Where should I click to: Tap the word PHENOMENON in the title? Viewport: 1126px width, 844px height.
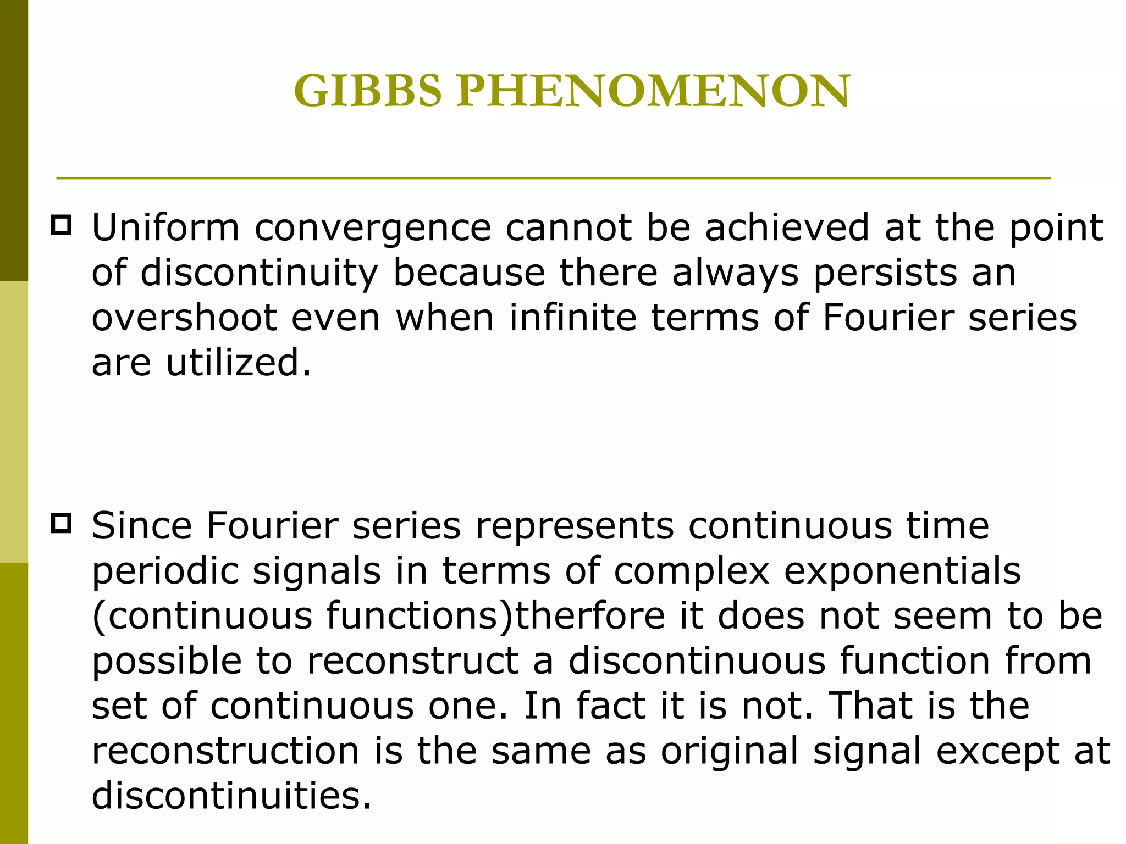coord(653,91)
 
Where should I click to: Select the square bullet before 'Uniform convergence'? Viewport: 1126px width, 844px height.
coord(61,226)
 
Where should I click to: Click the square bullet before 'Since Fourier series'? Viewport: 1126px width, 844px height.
coord(61,523)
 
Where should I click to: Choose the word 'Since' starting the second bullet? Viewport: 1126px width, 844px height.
coord(142,526)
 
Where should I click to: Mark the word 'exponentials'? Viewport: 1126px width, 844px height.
coord(902,571)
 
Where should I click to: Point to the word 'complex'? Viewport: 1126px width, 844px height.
coord(692,571)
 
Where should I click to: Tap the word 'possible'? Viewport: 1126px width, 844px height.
coord(167,661)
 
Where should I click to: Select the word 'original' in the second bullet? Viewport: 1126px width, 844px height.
coord(730,751)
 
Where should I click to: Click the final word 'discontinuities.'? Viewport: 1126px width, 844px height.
coord(231,796)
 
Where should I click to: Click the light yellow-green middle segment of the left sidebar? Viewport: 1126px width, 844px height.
coord(14,422)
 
